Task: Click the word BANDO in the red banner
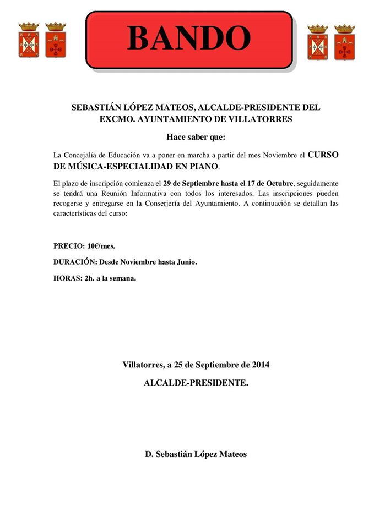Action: [x=189, y=38]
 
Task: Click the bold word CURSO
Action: [x=323, y=155]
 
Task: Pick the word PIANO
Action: [x=204, y=166]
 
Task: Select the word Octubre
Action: [x=278, y=183]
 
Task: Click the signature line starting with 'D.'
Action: [x=196, y=454]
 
